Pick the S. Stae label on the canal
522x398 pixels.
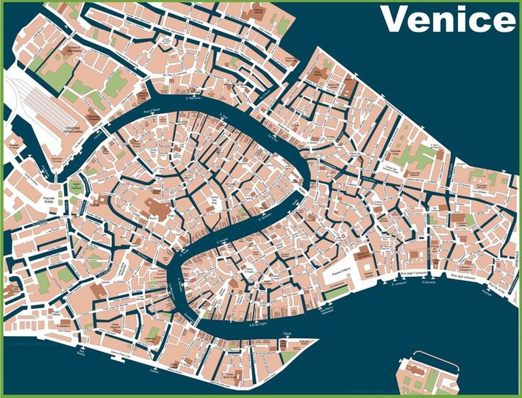coord(225,115)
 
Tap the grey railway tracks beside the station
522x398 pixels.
coord(40,103)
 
